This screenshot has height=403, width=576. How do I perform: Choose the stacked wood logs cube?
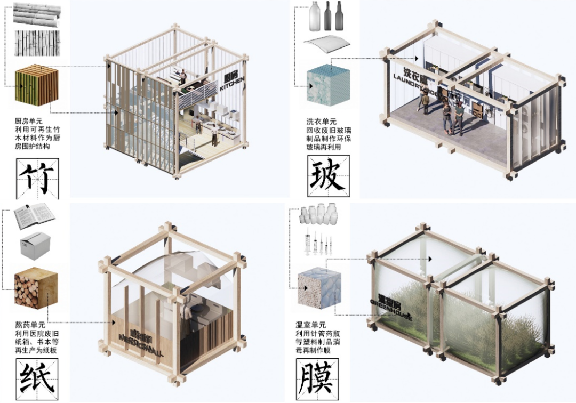click(36, 289)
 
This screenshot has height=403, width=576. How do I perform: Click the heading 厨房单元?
click(31, 121)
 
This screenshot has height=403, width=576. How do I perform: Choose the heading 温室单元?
click(311, 324)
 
